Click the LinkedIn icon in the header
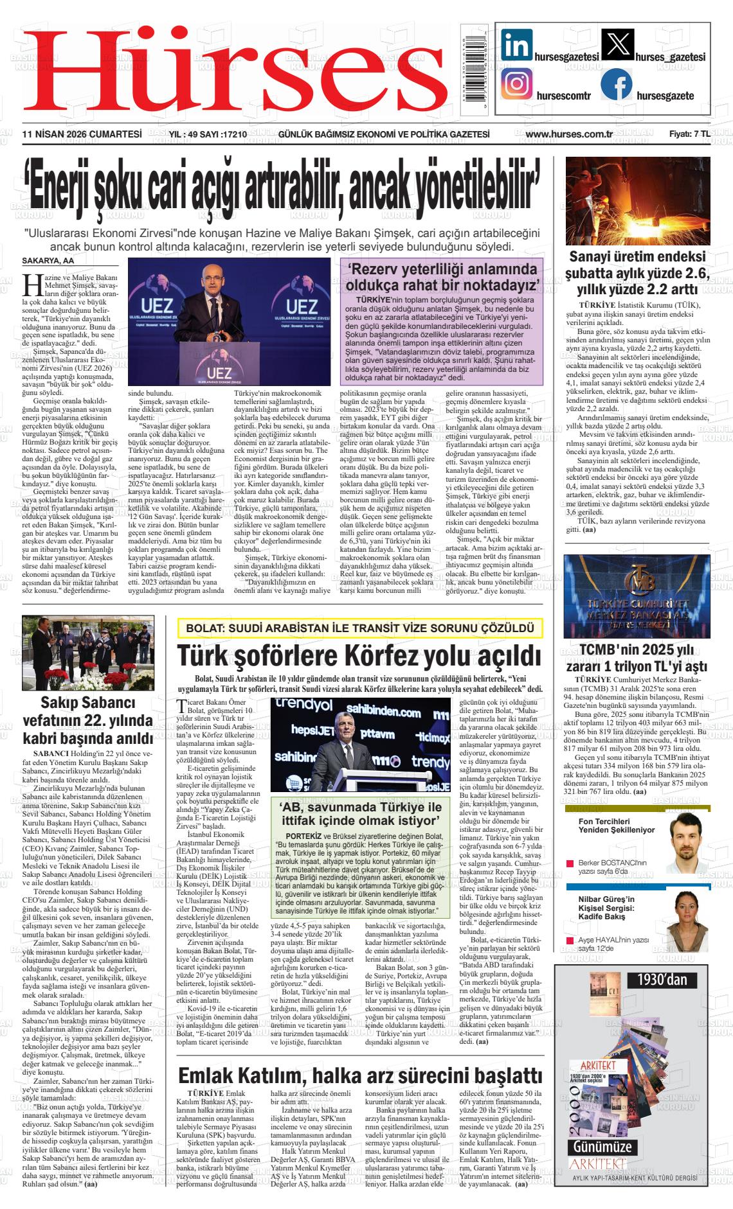(516, 46)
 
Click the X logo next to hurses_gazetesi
(616, 46)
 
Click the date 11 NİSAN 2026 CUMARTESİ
(82, 134)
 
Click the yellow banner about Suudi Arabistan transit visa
(360, 628)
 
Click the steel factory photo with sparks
(637, 200)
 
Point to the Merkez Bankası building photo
(637, 596)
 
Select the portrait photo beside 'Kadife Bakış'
(687, 921)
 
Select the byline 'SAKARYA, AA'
(48, 261)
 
